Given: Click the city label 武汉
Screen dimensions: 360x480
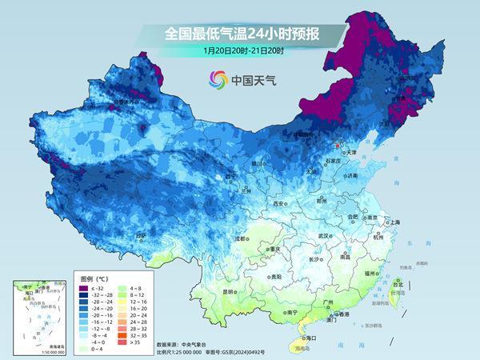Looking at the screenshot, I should (x=323, y=236).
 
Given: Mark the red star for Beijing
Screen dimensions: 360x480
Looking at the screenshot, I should (x=337, y=146).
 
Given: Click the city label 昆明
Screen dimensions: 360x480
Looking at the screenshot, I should (x=207, y=291).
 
